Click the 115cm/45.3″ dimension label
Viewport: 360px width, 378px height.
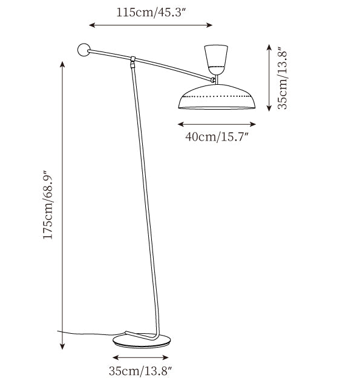pyautogui.click(x=151, y=12)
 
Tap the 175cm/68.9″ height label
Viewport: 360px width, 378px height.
pyautogui.click(x=47, y=205)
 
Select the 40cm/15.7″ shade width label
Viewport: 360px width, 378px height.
pyautogui.click(x=217, y=137)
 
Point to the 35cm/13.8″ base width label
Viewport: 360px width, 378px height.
pyautogui.click(x=140, y=370)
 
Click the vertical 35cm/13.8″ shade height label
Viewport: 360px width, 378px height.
pyautogui.click(x=283, y=78)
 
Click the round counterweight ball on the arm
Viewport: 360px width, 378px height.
pyautogui.click(x=84, y=50)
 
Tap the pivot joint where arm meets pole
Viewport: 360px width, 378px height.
pyautogui.click(x=133, y=62)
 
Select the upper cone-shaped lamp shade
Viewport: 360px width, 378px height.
pyautogui.click(x=216, y=59)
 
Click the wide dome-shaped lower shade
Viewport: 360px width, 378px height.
pyautogui.click(x=217, y=97)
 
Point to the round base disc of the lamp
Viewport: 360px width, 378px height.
pyautogui.click(x=142, y=340)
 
